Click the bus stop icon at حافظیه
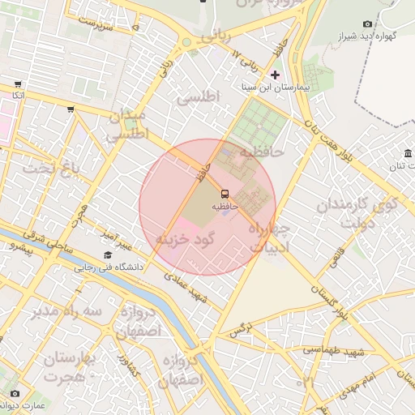tap(225, 194)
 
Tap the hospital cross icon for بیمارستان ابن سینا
tap(275, 74)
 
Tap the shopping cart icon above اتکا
tap(18, 83)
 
